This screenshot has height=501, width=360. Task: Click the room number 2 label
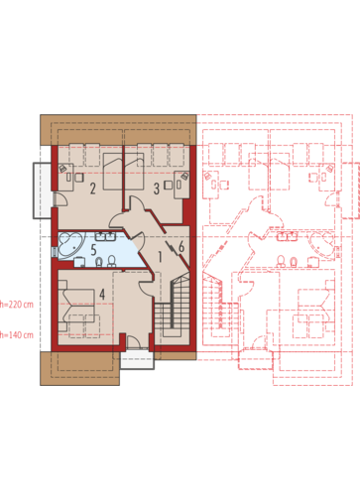coord(93,188)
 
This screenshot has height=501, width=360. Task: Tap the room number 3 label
coord(157,188)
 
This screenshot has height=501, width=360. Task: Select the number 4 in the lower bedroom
coord(102,294)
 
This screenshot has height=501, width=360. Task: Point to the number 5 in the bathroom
coord(93,250)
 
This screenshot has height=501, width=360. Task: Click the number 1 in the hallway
coord(161,257)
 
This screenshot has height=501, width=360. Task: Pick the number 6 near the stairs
coord(181,247)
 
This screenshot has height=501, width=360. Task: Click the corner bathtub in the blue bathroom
coord(70,245)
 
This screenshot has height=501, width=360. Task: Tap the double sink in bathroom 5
coord(105,236)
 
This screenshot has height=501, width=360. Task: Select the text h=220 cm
coord(17,305)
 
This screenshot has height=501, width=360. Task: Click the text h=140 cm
coord(17,335)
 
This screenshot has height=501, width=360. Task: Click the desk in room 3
coord(181,185)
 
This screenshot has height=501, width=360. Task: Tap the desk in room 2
coord(65,178)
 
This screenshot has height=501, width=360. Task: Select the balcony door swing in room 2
coord(60,199)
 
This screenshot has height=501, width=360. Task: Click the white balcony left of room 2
coord(42,190)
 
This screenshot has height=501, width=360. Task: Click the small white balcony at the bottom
coord(137,360)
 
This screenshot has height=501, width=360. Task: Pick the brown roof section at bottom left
coord(79,368)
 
